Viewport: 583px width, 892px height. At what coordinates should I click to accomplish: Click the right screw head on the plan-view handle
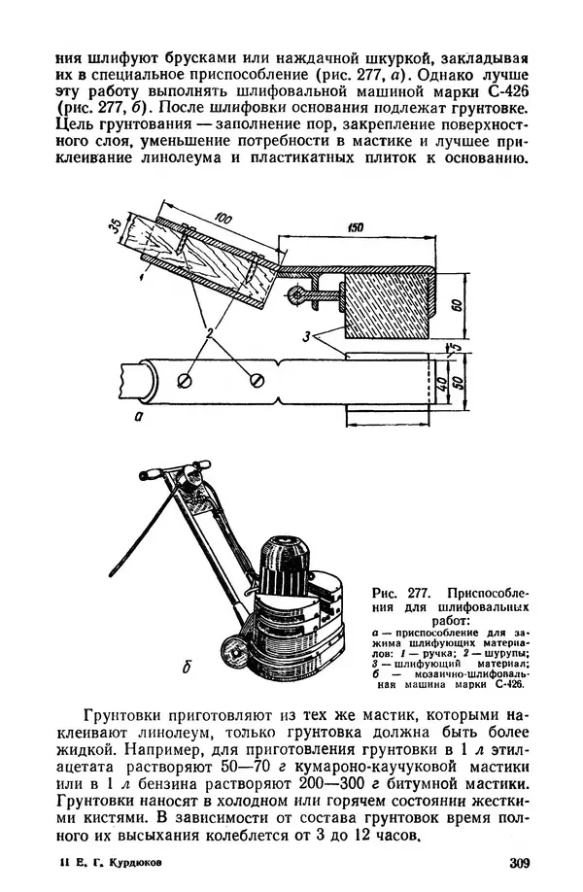pyautogui.click(x=257, y=377)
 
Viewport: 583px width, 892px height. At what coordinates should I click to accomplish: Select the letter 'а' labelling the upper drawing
pyautogui.click(x=141, y=417)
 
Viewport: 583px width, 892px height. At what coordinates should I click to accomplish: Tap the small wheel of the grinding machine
pyautogui.click(x=233, y=648)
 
